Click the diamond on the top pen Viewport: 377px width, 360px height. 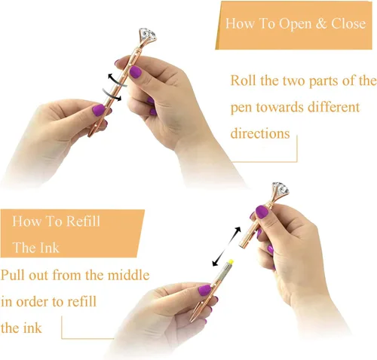tap(148, 35)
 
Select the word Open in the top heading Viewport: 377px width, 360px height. tap(296, 24)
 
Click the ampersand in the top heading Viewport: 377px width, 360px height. tap(321, 23)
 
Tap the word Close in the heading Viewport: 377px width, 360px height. tap(348, 23)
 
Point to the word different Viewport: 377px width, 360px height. tap(334, 107)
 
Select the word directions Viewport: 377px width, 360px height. tap(260, 133)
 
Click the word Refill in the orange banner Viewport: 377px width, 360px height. tap(83, 221)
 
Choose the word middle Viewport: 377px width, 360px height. tap(128, 275)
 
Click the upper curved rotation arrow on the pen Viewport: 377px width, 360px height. tap(117, 80)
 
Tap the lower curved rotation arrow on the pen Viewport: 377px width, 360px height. tap(112, 95)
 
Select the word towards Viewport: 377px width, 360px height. tap(280, 107)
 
